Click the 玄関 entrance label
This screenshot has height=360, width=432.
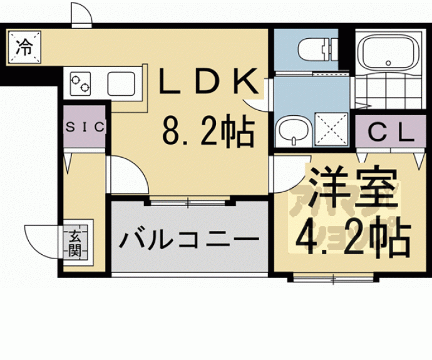pyautogui.click(x=75, y=244)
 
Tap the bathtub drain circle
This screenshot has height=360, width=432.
pyautogui.click(x=389, y=63)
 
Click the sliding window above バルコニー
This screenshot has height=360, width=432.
pyautogui.click(x=188, y=202)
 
